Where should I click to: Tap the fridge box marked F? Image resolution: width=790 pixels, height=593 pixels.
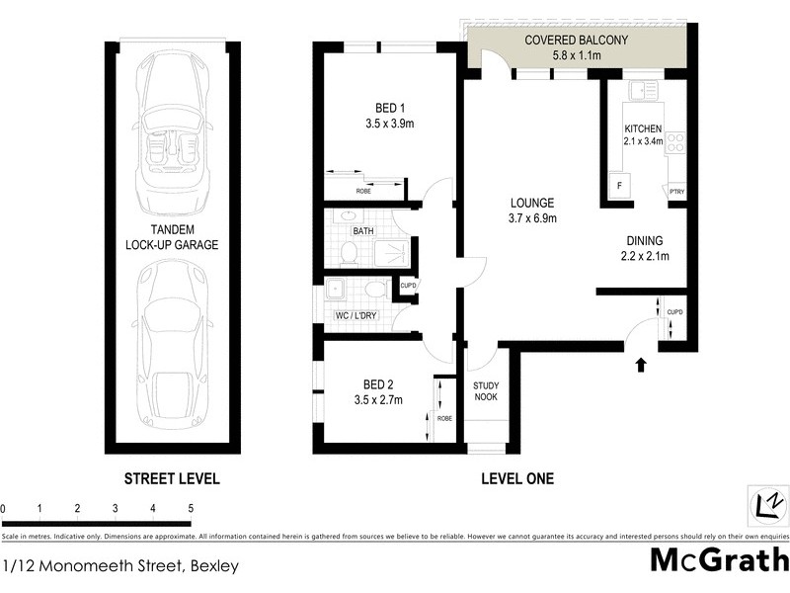[x=619, y=185]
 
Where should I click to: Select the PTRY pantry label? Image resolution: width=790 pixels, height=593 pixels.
[x=676, y=192]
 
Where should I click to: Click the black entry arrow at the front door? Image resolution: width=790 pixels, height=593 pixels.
[x=641, y=365]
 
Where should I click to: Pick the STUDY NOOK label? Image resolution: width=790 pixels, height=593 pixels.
[x=486, y=391]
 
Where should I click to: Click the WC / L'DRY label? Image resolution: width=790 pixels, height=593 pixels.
[x=357, y=315]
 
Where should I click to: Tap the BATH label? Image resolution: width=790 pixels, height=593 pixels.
[x=363, y=231]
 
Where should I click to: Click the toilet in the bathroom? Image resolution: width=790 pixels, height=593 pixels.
[x=348, y=255]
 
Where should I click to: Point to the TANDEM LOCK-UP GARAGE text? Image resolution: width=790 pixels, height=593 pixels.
[x=171, y=237]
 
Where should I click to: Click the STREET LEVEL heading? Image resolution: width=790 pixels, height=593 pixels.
[x=171, y=479]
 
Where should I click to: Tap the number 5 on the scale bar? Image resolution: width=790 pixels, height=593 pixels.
[x=190, y=508]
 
